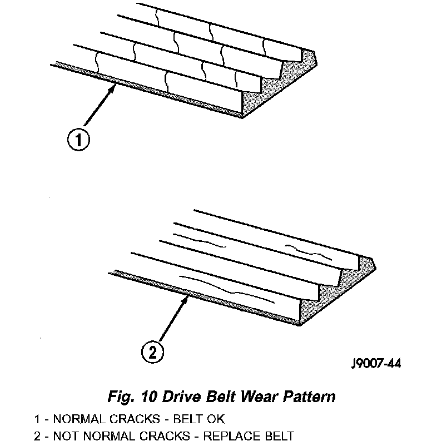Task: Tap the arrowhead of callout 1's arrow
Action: tap(114, 86)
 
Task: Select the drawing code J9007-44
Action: tap(376, 365)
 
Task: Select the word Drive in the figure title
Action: tap(177, 397)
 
